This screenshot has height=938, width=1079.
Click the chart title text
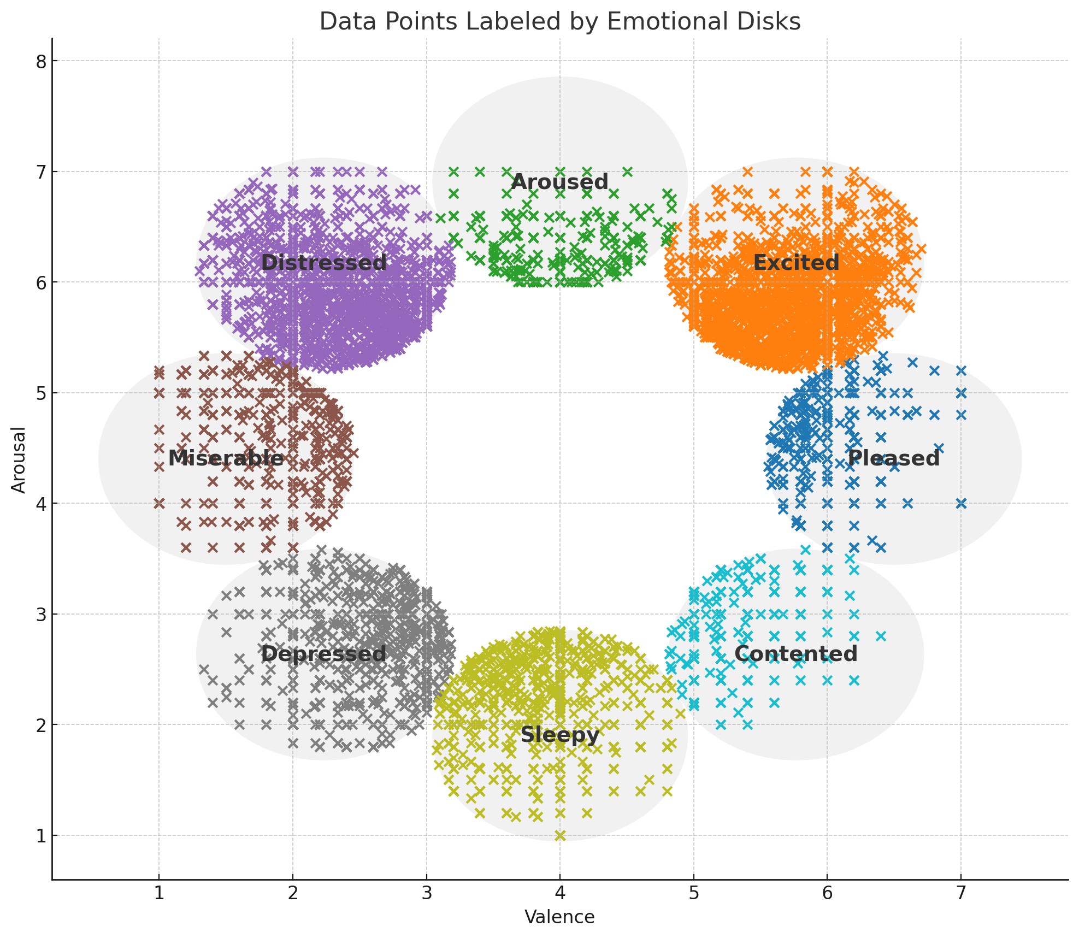click(x=559, y=22)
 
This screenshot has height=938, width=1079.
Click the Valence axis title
click(x=559, y=917)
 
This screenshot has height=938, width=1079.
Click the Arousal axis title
click(x=19, y=459)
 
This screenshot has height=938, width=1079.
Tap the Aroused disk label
click(x=559, y=182)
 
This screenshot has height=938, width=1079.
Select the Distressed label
click(x=323, y=263)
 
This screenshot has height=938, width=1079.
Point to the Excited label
click(x=796, y=263)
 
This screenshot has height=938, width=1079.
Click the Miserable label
click(x=226, y=458)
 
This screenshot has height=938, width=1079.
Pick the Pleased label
click(x=894, y=458)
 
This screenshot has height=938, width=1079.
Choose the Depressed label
click(x=323, y=654)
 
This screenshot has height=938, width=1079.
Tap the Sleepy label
click(x=559, y=735)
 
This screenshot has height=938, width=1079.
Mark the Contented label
click(x=796, y=654)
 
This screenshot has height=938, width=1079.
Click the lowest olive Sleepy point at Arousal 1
click(x=560, y=835)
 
